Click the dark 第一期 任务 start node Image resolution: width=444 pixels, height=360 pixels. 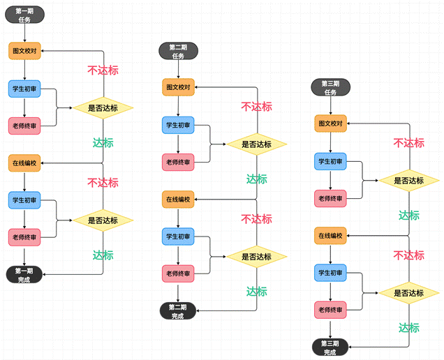tap(24, 16)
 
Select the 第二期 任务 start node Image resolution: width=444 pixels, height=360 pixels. tap(179, 52)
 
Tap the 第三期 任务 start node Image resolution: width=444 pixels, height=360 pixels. tap(330, 87)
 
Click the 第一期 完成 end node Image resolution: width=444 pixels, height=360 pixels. tap(24, 274)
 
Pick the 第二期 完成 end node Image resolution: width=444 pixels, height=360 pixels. tap(179, 310)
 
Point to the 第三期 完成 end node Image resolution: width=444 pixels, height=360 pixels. tap(330, 347)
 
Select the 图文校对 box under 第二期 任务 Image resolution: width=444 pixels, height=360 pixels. tap(179, 87)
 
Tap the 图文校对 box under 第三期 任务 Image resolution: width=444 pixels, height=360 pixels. tap(330, 123)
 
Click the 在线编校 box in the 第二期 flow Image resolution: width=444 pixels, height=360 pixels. tap(179, 200)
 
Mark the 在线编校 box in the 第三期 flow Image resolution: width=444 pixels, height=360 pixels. tap(330, 236)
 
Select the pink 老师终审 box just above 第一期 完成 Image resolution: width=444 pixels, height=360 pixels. tap(24, 237)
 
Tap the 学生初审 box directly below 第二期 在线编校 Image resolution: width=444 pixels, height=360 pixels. tap(179, 237)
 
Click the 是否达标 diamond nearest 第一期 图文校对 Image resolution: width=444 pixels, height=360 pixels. tap(103, 107)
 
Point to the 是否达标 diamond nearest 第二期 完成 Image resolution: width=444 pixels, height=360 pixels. tap(256, 256)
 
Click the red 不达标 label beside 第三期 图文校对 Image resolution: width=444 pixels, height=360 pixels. tap(409, 143)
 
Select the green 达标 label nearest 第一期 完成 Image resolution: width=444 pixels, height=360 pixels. tap(103, 255)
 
